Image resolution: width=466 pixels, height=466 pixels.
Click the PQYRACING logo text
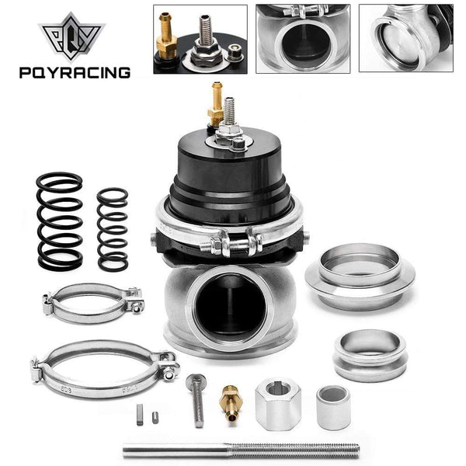pos(75,73)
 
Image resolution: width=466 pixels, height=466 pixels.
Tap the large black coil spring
pos(60,221)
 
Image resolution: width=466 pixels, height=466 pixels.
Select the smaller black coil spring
pos(113,229)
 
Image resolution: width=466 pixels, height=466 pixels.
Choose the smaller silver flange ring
pos(370,353)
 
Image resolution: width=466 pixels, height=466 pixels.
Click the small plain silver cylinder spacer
pos(332,406)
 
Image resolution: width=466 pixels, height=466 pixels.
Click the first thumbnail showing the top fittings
pos(200,39)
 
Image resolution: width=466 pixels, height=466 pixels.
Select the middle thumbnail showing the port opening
pos(302,39)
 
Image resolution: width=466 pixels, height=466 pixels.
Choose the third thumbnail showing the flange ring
pos(405,39)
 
